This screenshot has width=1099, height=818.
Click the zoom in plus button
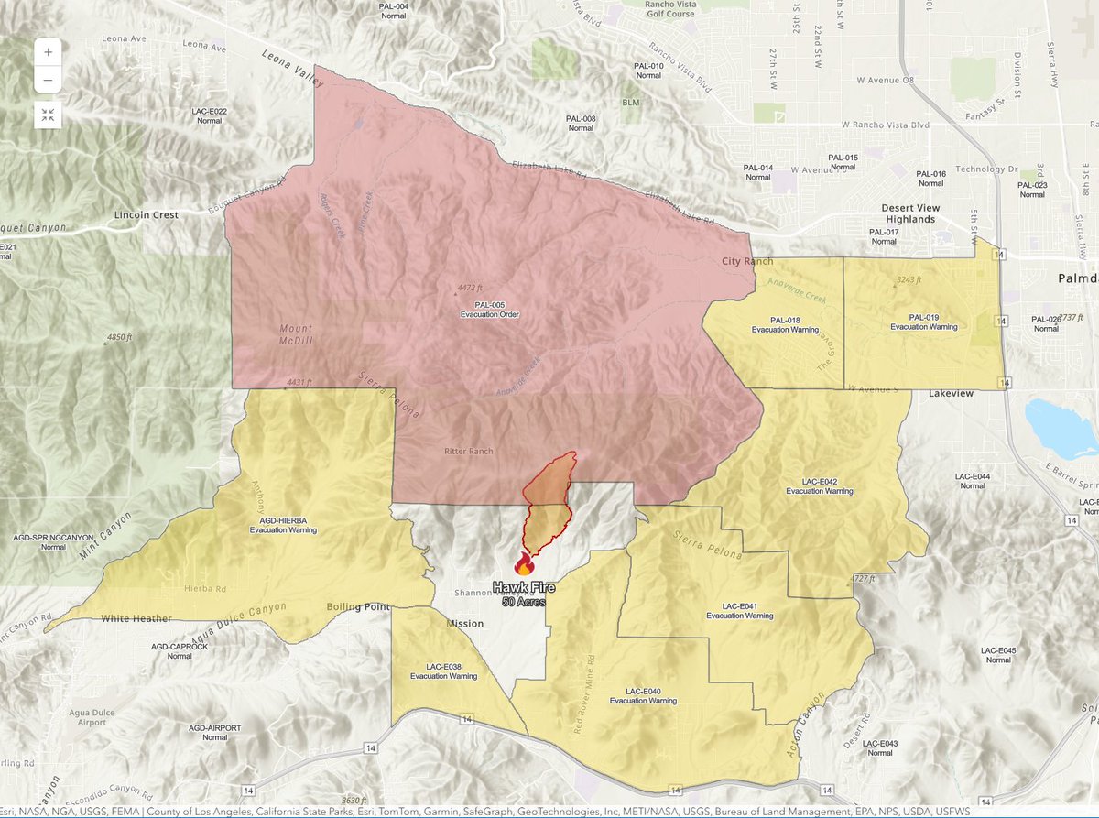tap(48, 51)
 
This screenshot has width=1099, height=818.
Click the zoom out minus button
tap(48, 80)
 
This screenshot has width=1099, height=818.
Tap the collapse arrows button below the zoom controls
tap(48, 115)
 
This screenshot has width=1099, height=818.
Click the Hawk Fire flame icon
tap(524, 563)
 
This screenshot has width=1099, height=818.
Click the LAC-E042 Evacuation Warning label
tap(820, 485)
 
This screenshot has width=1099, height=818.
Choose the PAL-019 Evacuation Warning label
tap(923, 321)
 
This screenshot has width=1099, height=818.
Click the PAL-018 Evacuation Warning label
tap(785, 323)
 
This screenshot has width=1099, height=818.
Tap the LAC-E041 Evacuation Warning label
tap(740, 610)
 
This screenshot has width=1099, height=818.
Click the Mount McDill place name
tap(296, 334)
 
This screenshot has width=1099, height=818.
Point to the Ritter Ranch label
tap(468, 452)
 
